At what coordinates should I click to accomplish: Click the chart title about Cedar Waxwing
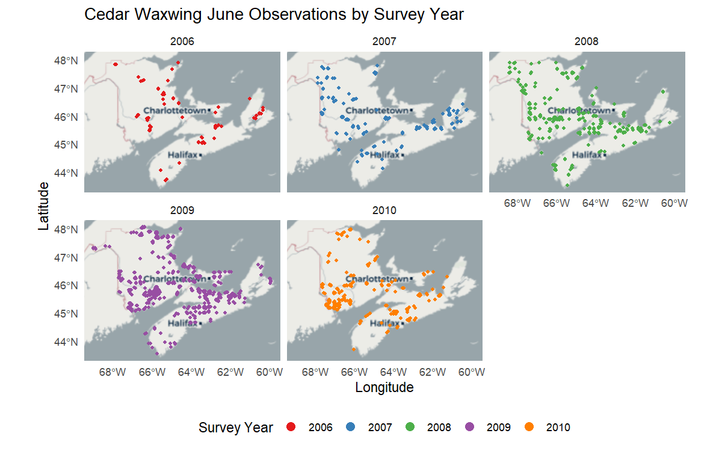[274, 14]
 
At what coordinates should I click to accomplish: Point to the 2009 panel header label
[182, 210]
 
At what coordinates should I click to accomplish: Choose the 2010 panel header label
[385, 210]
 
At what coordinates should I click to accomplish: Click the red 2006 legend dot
[291, 427]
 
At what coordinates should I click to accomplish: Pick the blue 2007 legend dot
[351, 427]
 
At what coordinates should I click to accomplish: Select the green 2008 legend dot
[410, 427]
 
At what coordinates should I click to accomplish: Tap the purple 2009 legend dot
[469, 427]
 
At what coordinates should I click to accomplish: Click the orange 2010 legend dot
[529, 427]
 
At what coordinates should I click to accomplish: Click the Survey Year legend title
[235, 428]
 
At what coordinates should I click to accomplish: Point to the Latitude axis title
[43, 207]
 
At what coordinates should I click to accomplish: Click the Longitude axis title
[384, 387]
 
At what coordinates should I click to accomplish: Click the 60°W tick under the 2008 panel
[674, 203]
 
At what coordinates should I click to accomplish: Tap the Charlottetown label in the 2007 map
[376, 111]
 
